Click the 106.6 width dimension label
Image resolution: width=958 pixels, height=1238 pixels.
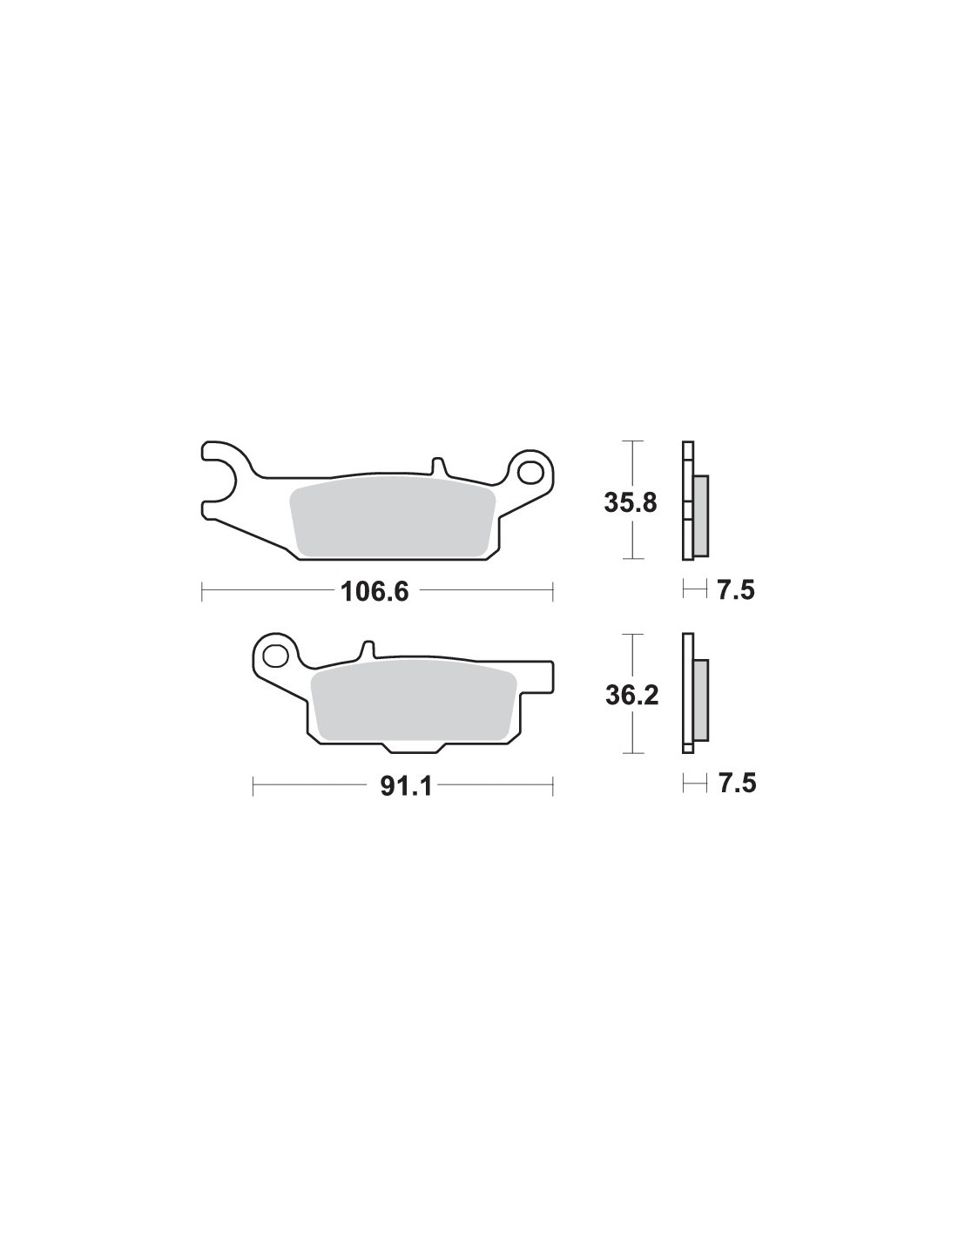374,592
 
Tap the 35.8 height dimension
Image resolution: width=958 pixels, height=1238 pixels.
631,503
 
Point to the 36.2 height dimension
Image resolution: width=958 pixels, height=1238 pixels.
631,696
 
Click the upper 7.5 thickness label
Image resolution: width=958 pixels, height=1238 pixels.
736,590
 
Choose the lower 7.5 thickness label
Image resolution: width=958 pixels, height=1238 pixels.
736,784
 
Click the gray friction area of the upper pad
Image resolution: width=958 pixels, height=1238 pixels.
392,517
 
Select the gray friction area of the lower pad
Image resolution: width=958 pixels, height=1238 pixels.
414,703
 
